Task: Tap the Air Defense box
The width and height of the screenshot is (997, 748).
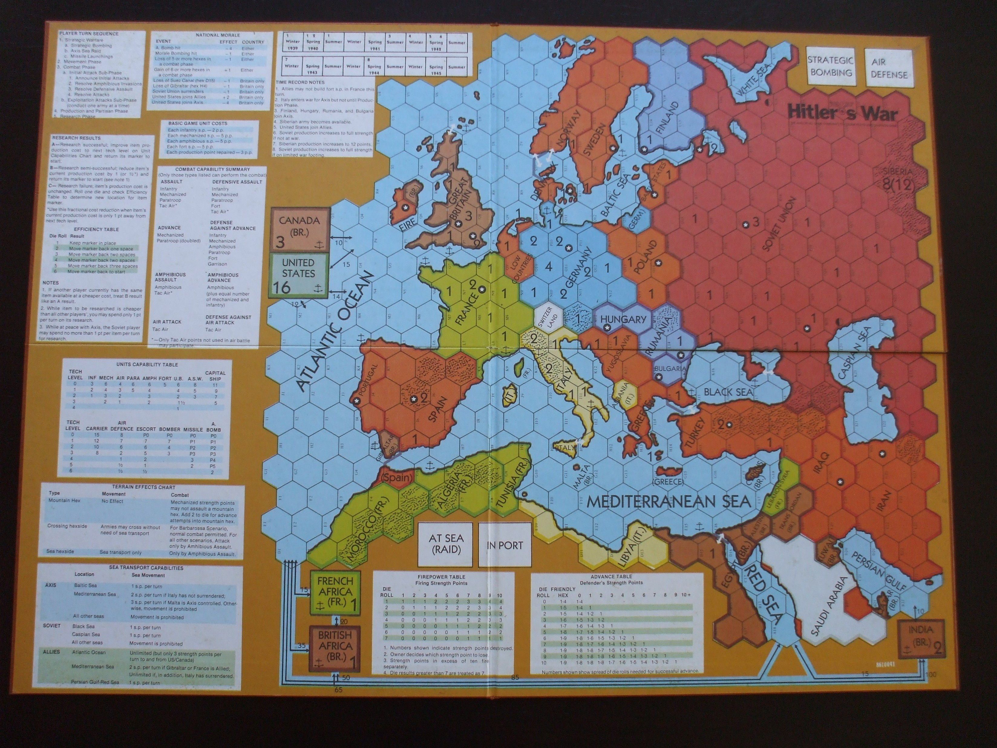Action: pyautogui.click(x=888, y=68)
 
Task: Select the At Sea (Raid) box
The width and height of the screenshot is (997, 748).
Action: pyautogui.click(x=446, y=544)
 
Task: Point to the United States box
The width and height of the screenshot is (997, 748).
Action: pyautogui.click(x=298, y=275)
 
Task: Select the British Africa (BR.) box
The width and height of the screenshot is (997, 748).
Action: pyautogui.click(x=335, y=647)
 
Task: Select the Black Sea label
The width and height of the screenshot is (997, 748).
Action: pyautogui.click(x=728, y=392)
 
